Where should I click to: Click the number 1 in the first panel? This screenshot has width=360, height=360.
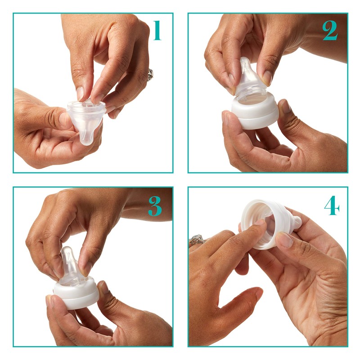point(156,30)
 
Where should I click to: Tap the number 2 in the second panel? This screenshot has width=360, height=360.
point(329,30)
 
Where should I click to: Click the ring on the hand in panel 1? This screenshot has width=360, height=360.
point(150,75)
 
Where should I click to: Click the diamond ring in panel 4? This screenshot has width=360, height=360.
point(197,240)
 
